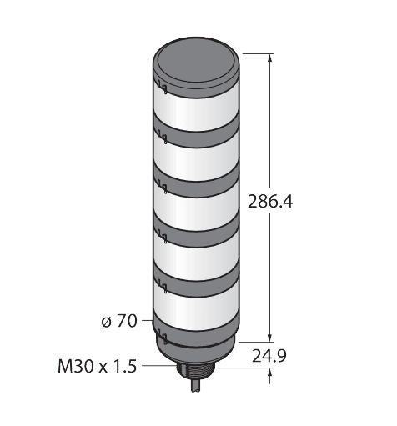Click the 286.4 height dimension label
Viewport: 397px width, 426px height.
[x=270, y=201]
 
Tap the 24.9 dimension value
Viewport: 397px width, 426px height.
[x=269, y=356]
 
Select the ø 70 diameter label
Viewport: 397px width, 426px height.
[x=119, y=321]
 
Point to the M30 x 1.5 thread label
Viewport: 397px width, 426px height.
[x=98, y=366]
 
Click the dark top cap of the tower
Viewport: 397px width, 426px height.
[x=196, y=67]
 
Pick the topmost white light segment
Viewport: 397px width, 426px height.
[x=196, y=111]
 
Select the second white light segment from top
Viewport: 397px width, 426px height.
[x=196, y=160]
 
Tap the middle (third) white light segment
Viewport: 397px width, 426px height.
[x=196, y=210]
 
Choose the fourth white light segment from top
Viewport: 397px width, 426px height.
[x=196, y=258]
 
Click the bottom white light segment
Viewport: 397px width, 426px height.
[x=196, y=308]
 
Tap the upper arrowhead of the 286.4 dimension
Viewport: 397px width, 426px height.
[x=269, y=58]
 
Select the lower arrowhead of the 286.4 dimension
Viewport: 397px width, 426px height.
[x=269, y=338]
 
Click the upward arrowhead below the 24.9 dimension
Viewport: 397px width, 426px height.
[x=269, y=373]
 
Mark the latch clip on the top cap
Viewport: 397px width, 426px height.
[x=162, y=87]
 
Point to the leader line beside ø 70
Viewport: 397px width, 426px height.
[x=148, y=320]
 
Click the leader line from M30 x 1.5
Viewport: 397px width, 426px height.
[x=159, y=365]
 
